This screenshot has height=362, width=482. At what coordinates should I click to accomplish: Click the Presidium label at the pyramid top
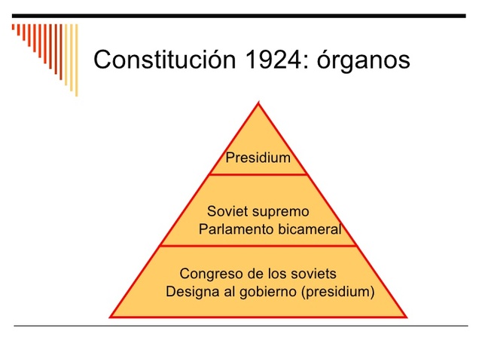click(258, 158)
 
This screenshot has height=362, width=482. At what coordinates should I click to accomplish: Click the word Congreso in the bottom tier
click(207, 273)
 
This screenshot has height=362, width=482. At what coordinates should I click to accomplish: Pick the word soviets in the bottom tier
click(314, 273)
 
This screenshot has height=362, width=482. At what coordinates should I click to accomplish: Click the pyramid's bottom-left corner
click(111, 317)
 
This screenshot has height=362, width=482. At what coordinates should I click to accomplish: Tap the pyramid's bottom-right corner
click(406, 317)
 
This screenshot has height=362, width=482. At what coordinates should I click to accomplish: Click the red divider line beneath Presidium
click(258, 174)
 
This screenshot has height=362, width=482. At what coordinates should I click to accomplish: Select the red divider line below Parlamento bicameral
click(258, 246)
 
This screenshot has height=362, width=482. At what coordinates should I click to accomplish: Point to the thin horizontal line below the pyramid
click(241, 326)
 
